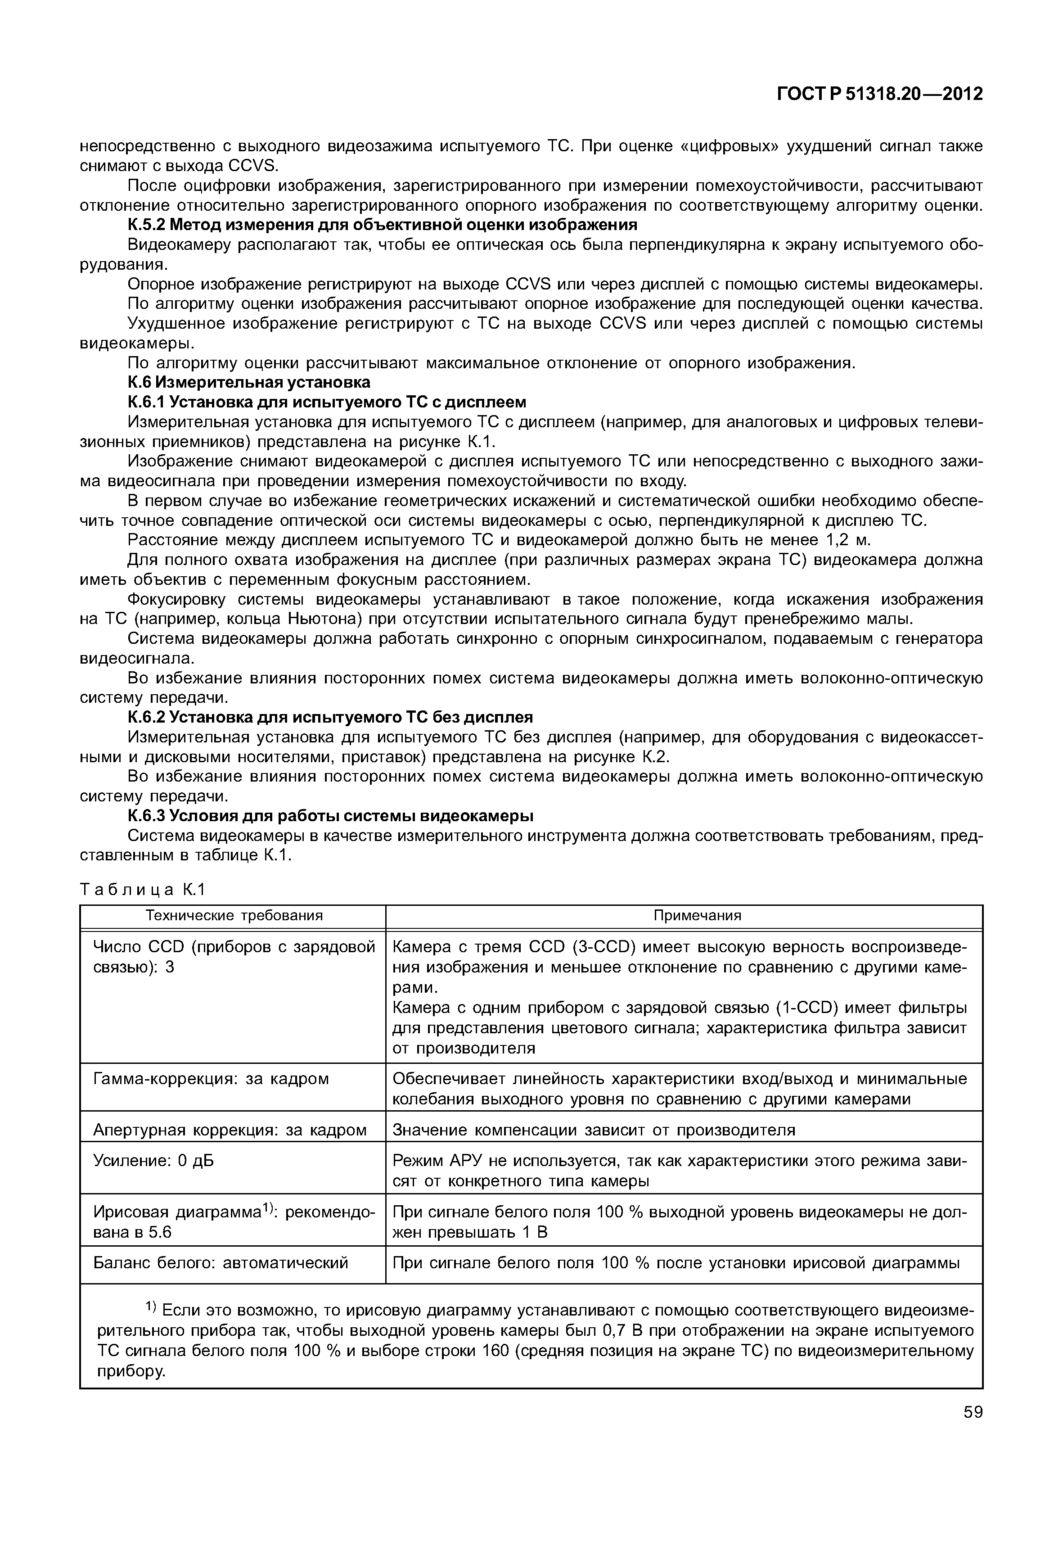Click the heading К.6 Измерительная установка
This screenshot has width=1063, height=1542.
pyautogui.click(x=249, y=383)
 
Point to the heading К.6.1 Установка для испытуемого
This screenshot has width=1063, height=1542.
pyautogui.click(x=327, y=402)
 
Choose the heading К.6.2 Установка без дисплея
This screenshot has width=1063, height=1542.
pyautogui.click(x=330, y=718)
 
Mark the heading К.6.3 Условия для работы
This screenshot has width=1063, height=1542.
pyautogui.click(x=330, y=816)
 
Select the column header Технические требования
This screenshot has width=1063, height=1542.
pyautogui.click(x=234, y=916)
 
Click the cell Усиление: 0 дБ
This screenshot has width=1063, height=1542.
pyautogui.click(x=154, y=1162)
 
